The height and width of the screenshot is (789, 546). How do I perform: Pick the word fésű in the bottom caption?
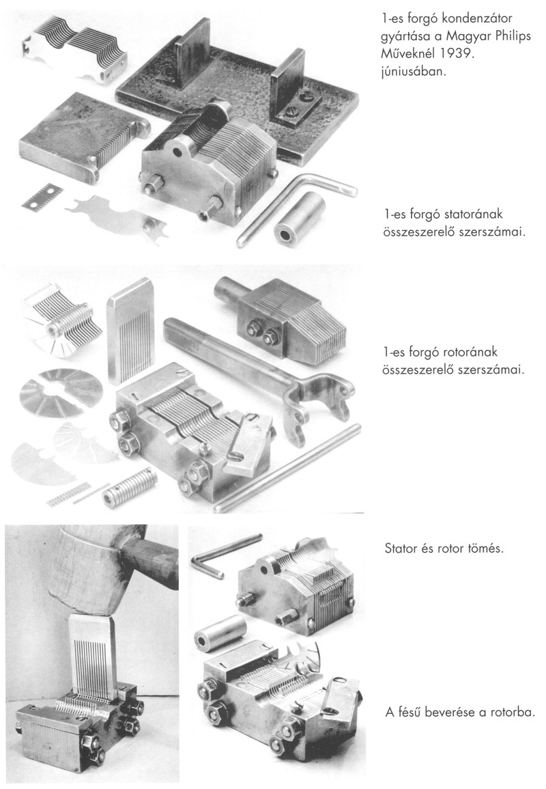(x=410, y=712)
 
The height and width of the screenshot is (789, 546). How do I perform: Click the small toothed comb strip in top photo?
(x=42, y=195)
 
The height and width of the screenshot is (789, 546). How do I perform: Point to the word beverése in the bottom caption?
(x=446, y=712)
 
